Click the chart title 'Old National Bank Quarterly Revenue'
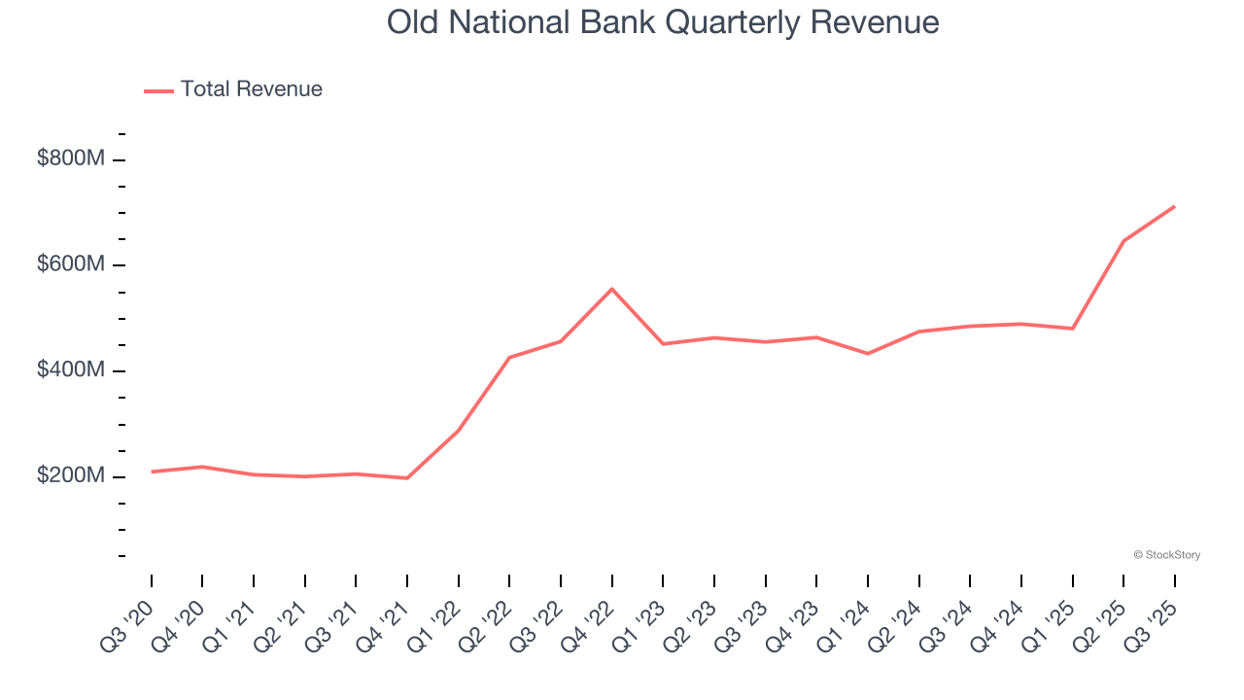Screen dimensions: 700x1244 [663, 22]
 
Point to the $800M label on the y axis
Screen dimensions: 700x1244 [70, 158]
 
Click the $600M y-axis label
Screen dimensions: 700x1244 [70, 264]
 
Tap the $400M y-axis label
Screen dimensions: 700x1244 [70, 370]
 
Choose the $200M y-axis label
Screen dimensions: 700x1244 [70, 476]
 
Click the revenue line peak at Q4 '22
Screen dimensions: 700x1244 [612, 289]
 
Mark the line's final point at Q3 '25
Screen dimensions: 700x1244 [1174, 206]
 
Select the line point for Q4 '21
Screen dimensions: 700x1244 [407, 478]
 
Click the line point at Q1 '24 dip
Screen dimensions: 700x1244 [868, 354]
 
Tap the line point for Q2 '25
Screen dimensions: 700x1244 [1123, 240]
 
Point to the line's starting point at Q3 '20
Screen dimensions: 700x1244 [152, 472]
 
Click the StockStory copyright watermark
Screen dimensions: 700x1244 [1166, 555]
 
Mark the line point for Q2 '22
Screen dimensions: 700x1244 [509, 358]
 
